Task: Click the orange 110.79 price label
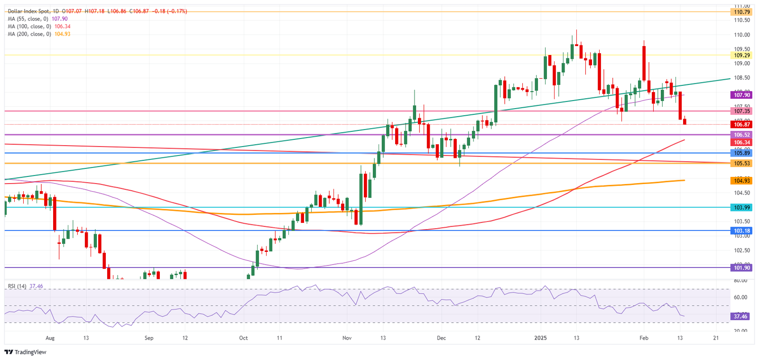pyautogui.click(x=742, y=12)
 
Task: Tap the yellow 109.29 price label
pyautogui.click(x=742, y=55)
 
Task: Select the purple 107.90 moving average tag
pyautogui.click(x=742, y=95)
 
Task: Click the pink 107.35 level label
pyautogui.click(x=742, y=111)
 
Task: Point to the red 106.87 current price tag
pyautogui.click(x=742, y=125)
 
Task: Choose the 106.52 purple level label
pyautogui.click(x=742, y=135)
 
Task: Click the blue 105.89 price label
pyautogui.click(x=742, y=153)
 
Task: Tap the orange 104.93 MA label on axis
pyautogui.click(x=742, y=181)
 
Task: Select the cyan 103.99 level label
pyautogui.click(x=742, y=208)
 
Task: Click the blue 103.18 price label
pyautogui.click(x=742, y=231)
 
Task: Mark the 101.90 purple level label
pyautogui.click(x=742, y=268)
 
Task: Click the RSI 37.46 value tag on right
pyautogui.click(x=740, y=316)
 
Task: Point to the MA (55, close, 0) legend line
pyautogui.click(x=28, y=19)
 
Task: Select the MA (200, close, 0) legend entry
pyautogui.click(x=29, y=34)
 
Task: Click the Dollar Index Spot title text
pyautogui.click(x=26, y=11)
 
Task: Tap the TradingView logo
pyautogui.click(x=26, y=352)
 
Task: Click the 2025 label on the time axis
pyautogui.click(x=540, y=338)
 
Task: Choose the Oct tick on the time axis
pyautogui.click(x=243, y=338)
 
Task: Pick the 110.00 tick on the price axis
pyautogui.click(x=742, y=35)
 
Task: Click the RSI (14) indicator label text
pyautogui.click(x=17, y=286)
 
